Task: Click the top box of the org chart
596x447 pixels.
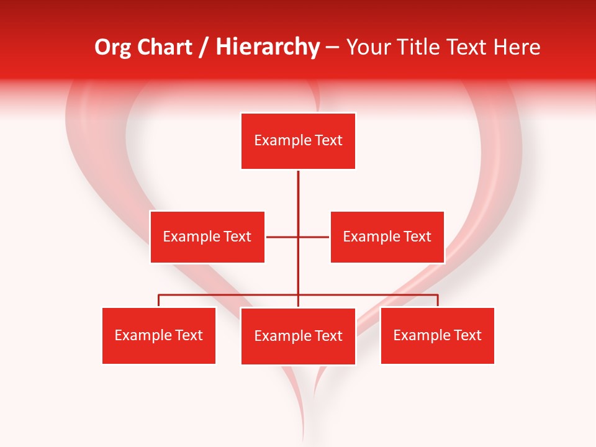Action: (x=298, y=141)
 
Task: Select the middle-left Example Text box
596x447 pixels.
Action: (x=207, y=237)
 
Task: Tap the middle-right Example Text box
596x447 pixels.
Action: (x=387, y=237)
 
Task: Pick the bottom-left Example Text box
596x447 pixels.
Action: (x=159, y=335)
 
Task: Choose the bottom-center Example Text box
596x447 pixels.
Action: (x=298, y=336)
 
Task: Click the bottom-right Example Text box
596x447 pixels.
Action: (x=437, y=335)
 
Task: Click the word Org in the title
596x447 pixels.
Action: (x=111, y=47)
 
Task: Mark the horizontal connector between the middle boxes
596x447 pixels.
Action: (x=282, y=237)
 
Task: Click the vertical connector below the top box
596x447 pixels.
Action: (x=298, y=192)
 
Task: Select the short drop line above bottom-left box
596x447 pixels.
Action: (x=159, y=300)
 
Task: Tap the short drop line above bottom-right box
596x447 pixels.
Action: (x=438, y=300)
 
